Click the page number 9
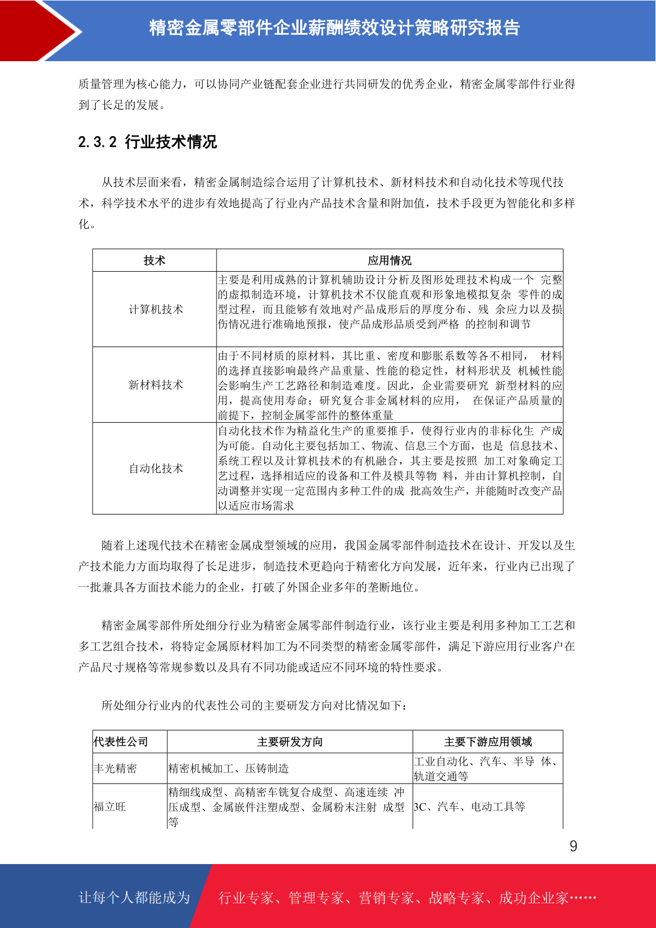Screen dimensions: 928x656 tap(573, 846)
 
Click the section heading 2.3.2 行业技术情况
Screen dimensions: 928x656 tap(148, 142)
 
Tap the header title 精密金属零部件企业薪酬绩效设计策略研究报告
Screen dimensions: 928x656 tap(334, 28)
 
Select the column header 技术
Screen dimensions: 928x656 tap(154, 261)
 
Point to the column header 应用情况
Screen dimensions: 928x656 tap(389, 261)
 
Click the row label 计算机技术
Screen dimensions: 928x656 tap(156, 309)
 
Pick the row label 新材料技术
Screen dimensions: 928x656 tap(156, 385)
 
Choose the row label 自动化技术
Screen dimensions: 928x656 tap(156, 468)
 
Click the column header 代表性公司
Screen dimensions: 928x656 tap(121, 742)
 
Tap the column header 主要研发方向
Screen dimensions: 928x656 tap(290, 742)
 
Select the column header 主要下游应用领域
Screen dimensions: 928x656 tap(488, 742)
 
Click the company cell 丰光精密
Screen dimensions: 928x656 tap(116, 768)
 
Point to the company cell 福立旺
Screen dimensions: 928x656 tap(110, 807)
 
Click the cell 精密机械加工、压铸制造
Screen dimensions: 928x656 tap(229, 768)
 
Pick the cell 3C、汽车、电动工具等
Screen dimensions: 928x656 tap(469, 807)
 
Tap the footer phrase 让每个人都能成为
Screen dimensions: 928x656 tap(134, 898)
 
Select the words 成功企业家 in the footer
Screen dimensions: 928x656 tap(533, 898)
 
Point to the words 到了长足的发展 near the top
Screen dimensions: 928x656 tap(118, 105)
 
